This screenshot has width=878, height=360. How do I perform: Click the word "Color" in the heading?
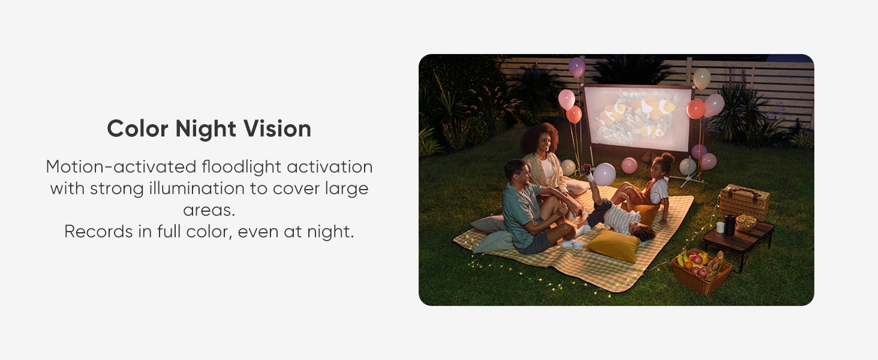tap(137, 128)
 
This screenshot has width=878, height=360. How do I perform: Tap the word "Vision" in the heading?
tap(277, 128)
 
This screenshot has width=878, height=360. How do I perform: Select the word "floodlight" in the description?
tap(242, 167)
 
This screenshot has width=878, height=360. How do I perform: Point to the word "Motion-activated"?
tap(121, 167)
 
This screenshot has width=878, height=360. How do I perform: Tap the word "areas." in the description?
tap(209, 210)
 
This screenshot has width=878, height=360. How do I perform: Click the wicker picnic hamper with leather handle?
tap(744, 202)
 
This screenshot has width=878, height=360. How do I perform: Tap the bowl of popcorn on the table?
tap(745, 221)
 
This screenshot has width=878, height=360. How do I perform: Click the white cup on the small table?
tap(720, 227)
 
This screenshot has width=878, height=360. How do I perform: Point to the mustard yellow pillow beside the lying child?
tap(613, 245)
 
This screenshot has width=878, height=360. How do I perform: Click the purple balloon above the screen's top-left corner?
tap(576, 67)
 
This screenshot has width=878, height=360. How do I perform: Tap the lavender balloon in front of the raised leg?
tap(605, 174)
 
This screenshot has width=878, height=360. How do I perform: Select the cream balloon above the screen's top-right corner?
tap(702, 79)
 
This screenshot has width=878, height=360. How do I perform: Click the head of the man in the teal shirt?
tap(516, 173)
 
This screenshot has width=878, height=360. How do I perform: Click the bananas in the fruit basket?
tap(682, 259)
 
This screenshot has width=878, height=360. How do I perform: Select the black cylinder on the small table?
tap(729, 225)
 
